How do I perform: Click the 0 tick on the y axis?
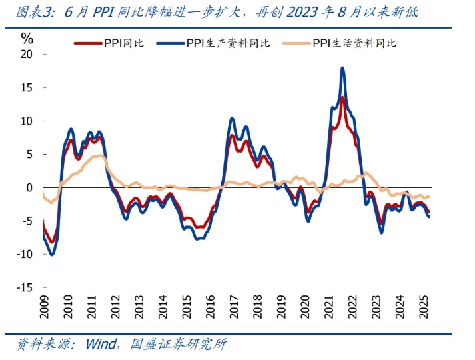pos(29,188)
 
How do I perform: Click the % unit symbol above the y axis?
pos(27,38)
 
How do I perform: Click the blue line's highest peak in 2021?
pos(342,68)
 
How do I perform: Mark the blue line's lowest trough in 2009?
pos(51,254)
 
